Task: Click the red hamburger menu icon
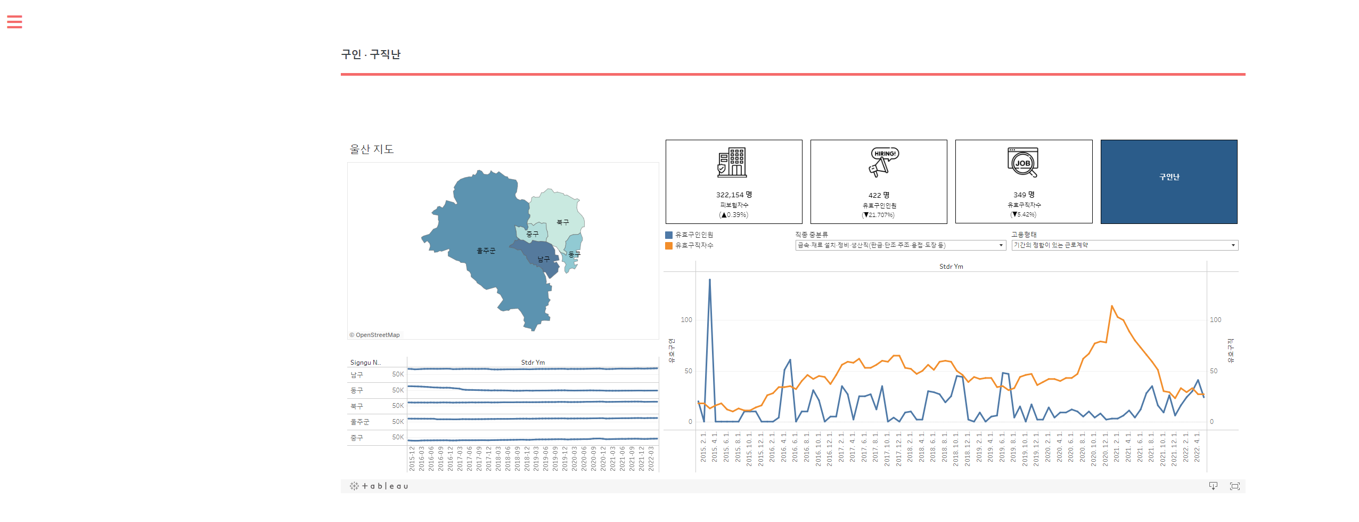(14, 22)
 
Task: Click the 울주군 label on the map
(486, 251)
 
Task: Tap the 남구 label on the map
(543, 259)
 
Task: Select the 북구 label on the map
(562, 222)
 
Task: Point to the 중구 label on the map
(532, 234)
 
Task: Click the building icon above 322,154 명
(732, 162)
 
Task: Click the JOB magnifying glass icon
(1023, 162)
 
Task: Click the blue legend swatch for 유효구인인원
(669, 235)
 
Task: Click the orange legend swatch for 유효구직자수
(669, 246)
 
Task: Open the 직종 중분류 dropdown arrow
(1001, 245)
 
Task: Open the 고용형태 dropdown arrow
(1233, 245)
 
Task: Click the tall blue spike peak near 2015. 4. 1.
(709, 279)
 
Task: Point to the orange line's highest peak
(1112, 306)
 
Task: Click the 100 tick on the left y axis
(686, 320)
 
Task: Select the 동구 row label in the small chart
(357, 390)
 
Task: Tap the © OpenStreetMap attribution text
(374, 335)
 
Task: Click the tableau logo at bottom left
(379, 486)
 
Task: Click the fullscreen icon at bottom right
(1234, 486)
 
